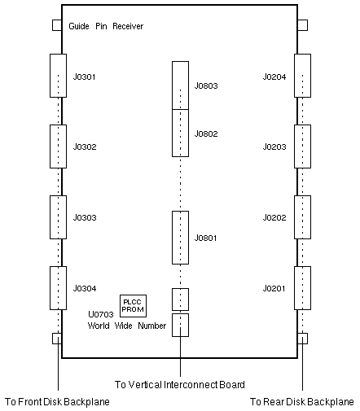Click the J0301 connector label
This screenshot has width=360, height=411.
tap(84, 77)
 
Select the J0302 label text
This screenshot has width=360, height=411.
tap(85, 147)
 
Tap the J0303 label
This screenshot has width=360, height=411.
tap(85, 218)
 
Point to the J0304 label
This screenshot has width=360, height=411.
tap(85, 288)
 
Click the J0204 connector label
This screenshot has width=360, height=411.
tap(274, 77)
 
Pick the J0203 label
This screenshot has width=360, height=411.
tap(274, 147)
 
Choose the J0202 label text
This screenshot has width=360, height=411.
tap(274, 218)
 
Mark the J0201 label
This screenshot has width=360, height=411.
tap(274, 288)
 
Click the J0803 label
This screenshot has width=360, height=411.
tap(206, 86)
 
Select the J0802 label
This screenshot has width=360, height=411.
tap(206, 134)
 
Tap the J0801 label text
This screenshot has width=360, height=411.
tap(205, 238)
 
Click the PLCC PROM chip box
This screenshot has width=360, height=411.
tap(133, 306)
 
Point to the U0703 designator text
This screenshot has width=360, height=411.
tap(101, 314)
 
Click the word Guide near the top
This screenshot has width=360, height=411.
tap(79, 26)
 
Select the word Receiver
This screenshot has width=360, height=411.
tap(128, 26)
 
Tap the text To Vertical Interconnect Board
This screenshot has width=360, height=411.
tap(180, 385)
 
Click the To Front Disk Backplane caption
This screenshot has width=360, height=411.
tap(57, 402)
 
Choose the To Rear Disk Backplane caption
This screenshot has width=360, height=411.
tap(301, 402)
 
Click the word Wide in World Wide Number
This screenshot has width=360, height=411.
tap(123, 326)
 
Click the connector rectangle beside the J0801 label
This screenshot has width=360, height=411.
tap(180, 238)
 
